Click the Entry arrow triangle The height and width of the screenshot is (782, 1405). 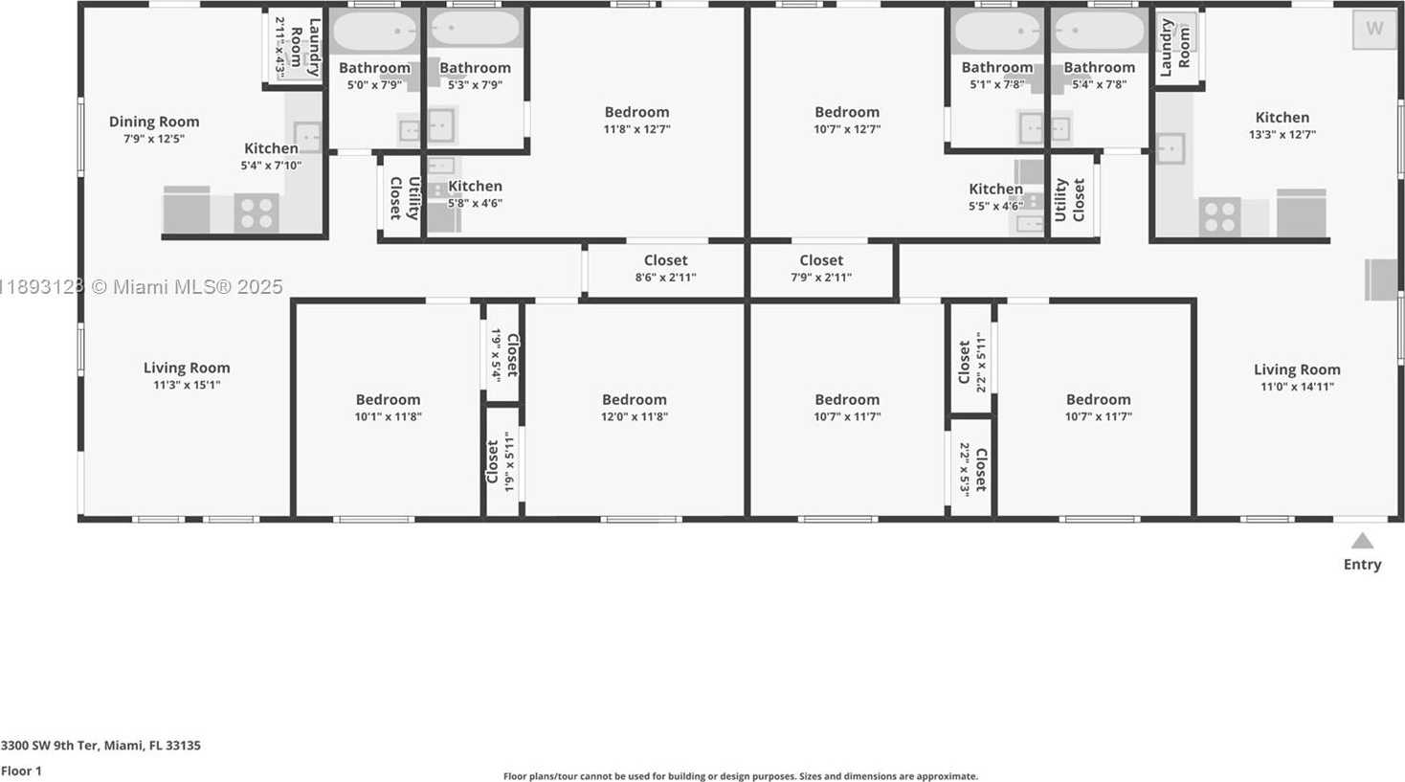(x=1362, y=541)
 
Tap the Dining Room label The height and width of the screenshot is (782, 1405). (x=154, y=122)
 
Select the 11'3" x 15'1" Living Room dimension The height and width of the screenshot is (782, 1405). (x=187, y=385)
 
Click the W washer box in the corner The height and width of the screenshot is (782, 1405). (x=1374, y=28)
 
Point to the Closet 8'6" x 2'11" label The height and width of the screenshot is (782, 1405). (x=665, y=268)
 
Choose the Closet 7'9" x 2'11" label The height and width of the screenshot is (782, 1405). (x=821, y=268)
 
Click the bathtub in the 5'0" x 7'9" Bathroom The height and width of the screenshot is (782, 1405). (x=374, y=30)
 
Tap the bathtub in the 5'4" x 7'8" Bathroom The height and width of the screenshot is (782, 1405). (x=1100, y=30)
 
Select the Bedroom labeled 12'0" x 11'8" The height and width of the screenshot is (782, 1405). (x=635, y=408)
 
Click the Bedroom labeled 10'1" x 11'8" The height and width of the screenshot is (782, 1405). (x=388, y=408)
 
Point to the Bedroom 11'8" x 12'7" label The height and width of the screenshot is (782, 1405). (x=636, y=120)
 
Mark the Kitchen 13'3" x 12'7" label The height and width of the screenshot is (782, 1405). (x=1282, y=125)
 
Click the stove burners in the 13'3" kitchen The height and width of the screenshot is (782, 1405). (x=1219, y=216)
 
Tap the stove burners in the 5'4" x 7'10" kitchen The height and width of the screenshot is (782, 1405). (x=256, y=213)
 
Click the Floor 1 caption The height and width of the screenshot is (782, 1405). (x=21, y=771)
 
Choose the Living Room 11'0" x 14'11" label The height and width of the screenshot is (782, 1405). (x=1297, y=377)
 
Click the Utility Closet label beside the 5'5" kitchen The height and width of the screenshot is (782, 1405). (x=1069, y=199)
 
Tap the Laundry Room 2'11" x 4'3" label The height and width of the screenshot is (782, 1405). (x=297, y=48)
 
